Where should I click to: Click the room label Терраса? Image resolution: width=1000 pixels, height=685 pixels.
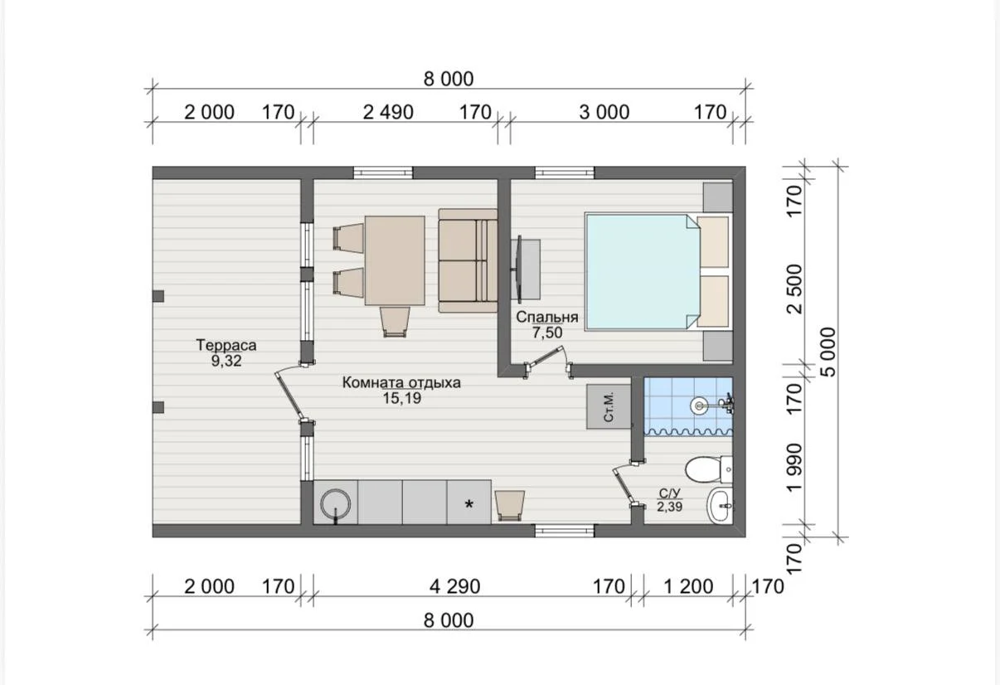(x=226, y=345)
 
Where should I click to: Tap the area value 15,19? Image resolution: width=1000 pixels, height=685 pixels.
(x=402, y=398)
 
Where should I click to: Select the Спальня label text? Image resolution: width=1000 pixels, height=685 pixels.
(x=547, y=317)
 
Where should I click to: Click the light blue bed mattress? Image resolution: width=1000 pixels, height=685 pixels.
(x=642, y=272)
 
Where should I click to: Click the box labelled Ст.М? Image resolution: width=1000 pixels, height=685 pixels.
(x=609, y=407)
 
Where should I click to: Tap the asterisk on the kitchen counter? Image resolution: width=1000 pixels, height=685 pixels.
(x=468, y=504)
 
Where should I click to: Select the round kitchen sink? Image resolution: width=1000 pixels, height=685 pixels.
(x=335, y=504)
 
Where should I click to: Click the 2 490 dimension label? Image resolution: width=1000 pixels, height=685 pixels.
(x=388, y=113)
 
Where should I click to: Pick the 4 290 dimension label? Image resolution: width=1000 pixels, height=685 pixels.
(x=455, y=586)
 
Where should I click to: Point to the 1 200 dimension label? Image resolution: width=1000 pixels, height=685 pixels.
(x=688, y=586)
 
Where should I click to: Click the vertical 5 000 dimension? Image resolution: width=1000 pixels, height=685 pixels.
(x=828, y=352)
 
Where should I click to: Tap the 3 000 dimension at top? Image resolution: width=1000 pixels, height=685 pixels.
(x=604, y=113)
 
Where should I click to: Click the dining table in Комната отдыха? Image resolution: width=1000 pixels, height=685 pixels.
(x=395, y=260)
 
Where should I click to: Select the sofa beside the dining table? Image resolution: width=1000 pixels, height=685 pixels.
(x=468, y=260)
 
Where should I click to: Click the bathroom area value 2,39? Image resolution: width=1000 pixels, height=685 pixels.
(x=670, y=507)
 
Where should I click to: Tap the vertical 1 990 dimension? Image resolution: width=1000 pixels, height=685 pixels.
(x=795, y=468)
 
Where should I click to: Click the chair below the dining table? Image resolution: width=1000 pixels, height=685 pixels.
(x=395, y=322)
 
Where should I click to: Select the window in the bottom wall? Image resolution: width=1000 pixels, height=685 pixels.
(x=565, y=531)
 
